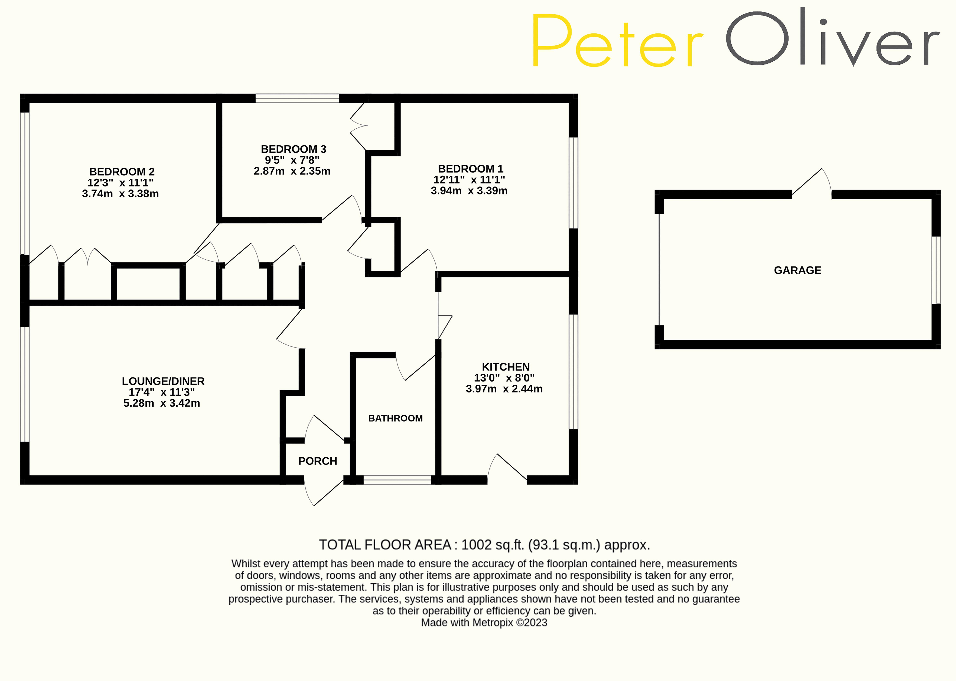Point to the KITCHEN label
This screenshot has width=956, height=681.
tap(506, 367)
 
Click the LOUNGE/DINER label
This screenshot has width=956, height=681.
tap(163, 381)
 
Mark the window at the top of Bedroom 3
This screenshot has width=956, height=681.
tap(297, 99)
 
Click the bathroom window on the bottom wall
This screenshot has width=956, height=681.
tap(397, 480)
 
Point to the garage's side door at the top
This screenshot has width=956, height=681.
tap(812, 185)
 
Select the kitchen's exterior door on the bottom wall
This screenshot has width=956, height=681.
tap(507, 470)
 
